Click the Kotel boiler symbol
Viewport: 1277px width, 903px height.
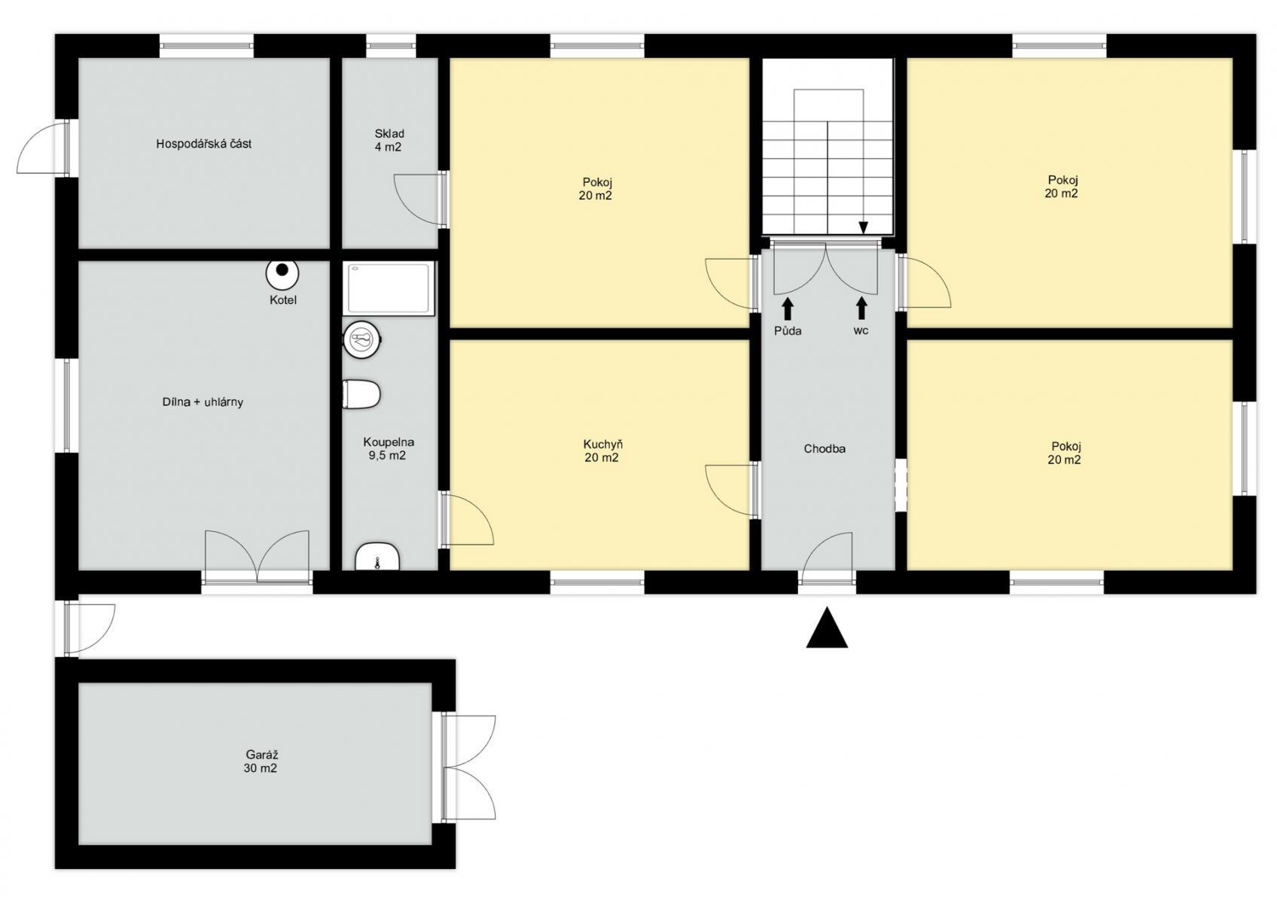pyautogui.click(x=282, y=274)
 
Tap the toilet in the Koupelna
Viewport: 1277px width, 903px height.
pyautogui.click(x=361, y=394)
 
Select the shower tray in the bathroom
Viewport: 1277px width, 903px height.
pyautogui.click(x=389, y=288)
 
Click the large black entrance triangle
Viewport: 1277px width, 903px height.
pyautogui.click(x=827, y=628)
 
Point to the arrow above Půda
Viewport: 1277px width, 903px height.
pyautogui.click(x=788, y=309)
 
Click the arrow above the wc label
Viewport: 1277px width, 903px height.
pyautogui.click(x=861, y=309)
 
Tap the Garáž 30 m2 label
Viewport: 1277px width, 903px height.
pyautogui.click(x=261, y=762)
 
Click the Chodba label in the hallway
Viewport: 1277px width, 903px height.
pyautogui.click(x=824, y=449)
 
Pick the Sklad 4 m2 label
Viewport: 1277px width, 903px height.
pyautogui.click(x=389, y=140)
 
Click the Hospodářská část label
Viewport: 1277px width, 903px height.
pyautogui.click(x=203, y=144)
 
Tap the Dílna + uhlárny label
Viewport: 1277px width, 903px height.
pyautogui.click(x=203, y=403)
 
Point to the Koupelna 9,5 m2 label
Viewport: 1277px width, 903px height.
pyautogui.click(x=389, y=448)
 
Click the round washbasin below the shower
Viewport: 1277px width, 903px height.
pyautogui.click(x=362, y=339)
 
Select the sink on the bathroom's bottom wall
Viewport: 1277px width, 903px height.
pyautogui.click(x=377, y=557)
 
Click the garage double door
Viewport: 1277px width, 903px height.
pyautogui.click(x=465, y=768)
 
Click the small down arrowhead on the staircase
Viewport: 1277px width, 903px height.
pyautogui.click(x=863, y=228)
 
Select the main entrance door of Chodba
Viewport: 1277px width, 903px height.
pyautogui.click(x=827, y=559)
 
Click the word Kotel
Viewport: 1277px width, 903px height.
pyautogui.click(x=283, y=300)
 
